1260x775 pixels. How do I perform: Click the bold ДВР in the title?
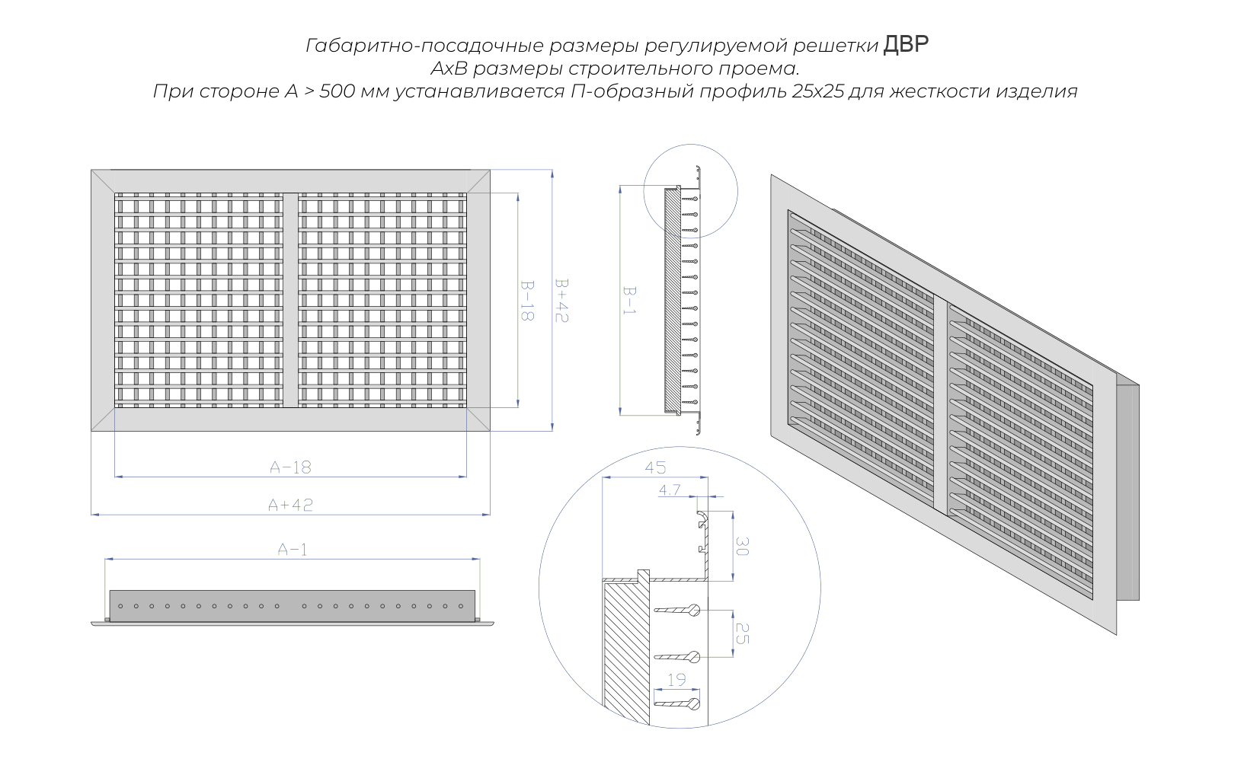click(906, 44)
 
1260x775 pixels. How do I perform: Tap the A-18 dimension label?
click(290, 467)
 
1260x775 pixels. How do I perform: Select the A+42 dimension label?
click(290, 505)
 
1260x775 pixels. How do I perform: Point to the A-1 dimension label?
click(293, 549)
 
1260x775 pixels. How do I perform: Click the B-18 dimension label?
click(526, 301)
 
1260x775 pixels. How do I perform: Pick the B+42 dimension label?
click(561, 301)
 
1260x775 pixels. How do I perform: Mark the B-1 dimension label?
click(629, 301)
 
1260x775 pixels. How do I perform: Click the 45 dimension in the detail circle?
click(655, 467)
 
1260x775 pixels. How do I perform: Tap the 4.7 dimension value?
click(670, 490)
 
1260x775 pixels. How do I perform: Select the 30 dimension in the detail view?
click(743, 547)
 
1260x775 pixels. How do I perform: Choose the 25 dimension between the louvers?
click(743, 633)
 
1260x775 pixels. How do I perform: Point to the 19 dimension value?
click(676, 680)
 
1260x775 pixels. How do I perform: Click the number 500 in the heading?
click(337, 91)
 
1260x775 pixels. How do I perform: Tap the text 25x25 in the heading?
click(818, 91)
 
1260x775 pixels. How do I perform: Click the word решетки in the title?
click(836, 46)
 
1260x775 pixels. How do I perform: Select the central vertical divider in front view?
click(290, 300)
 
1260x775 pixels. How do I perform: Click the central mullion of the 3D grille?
click(941, 406)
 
